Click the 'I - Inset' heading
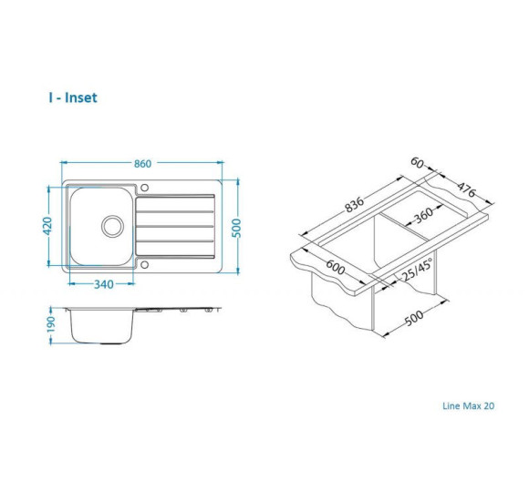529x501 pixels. tap(73, 97)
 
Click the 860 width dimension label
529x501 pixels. tap(142, 164)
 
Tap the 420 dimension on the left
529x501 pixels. tap(48, 226)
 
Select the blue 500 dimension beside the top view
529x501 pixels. tap(237, 228)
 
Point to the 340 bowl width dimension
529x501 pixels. tap(104, 284)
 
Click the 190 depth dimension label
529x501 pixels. tap(50, 323)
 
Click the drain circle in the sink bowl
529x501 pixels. tap(113, 227)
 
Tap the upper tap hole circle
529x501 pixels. tap(144, 188)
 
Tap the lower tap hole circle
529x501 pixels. tap(144, 265)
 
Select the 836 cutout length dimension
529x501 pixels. tap(354, 204)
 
